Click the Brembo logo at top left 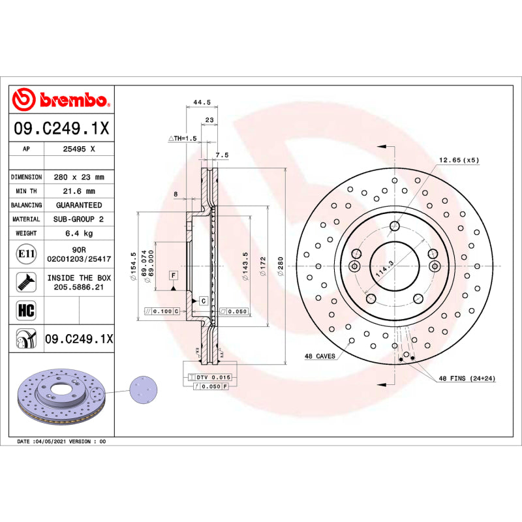60,100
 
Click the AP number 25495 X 79,149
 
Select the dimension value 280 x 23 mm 79,177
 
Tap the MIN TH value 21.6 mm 79,191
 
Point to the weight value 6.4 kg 79,233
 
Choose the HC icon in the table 26,309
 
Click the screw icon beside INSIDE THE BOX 26,282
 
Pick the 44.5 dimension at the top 202,102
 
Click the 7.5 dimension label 222,155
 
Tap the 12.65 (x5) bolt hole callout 458,160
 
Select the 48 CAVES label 320,356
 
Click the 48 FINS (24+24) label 466,378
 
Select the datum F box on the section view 174,275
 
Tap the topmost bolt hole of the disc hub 394,226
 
